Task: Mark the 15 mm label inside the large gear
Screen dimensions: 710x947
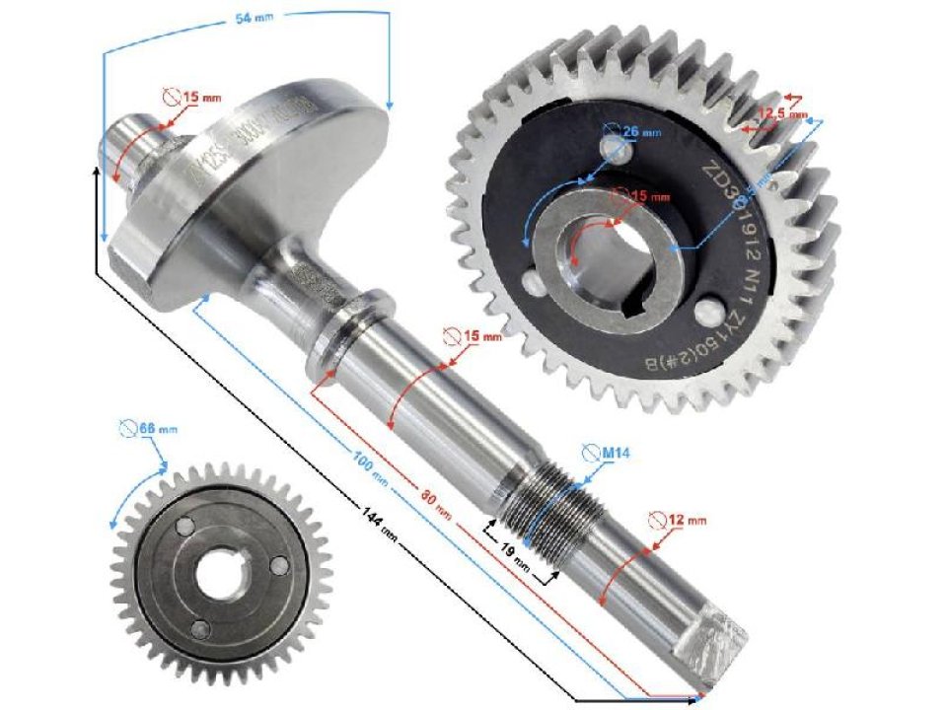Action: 647,196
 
